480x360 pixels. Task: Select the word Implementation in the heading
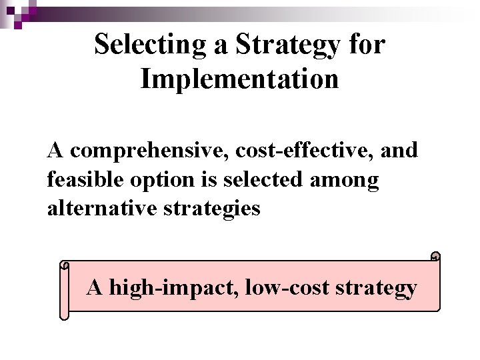[239, 79]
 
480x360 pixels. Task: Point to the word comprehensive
[150, 151]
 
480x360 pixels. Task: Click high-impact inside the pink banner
[174, 288]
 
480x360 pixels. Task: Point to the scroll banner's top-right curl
[435, 257]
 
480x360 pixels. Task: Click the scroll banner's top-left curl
[65, 265]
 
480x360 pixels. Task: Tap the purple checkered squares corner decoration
[20, 10]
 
